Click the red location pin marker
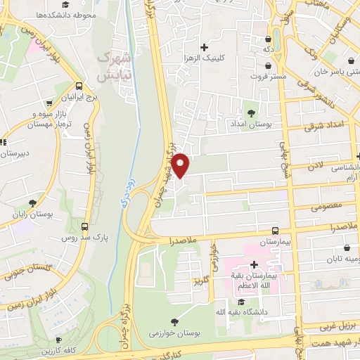[181, 165]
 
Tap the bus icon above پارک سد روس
[86, 227]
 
